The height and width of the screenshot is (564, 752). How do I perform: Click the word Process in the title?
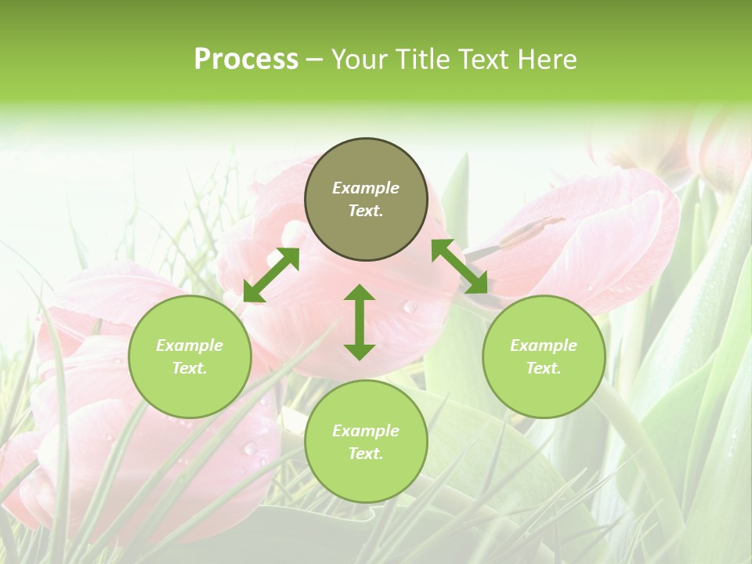pos(246,60)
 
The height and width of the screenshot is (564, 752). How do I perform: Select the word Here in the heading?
pos(545,60)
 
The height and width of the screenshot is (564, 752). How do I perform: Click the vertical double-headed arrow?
pos(360,322)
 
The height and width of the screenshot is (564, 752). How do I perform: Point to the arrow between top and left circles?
pos(271,274)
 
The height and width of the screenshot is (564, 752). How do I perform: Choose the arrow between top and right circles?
pos(460,266)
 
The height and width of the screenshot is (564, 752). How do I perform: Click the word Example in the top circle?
pos(366,188)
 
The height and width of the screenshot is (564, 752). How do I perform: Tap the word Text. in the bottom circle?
pos(366,454)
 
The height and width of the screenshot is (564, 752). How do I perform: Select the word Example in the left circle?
pos(190,345)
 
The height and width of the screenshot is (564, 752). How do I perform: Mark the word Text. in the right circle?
pos(544,368)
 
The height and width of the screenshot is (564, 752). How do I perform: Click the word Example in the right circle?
pos(544,345)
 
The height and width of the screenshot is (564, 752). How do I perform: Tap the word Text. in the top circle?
pos(366,211)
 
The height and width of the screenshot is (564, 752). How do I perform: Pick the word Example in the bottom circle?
pos(366,431)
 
